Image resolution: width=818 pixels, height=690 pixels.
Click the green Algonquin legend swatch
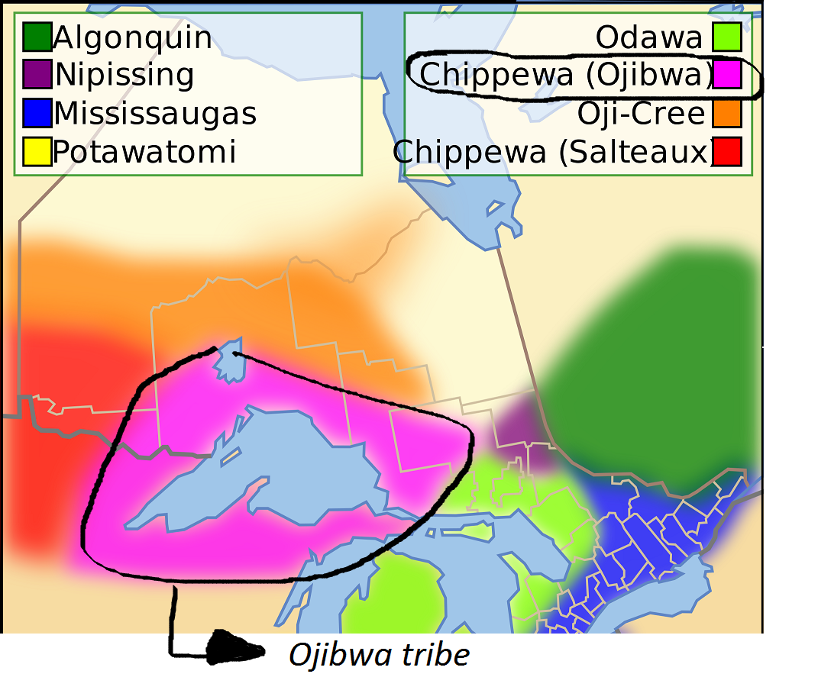pyautogui.click(x=37, y=37)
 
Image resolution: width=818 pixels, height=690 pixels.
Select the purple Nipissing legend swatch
pyautogui.click(x=37, y=75)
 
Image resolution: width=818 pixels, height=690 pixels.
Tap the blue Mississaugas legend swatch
pyautogui.click(x=37, y=113)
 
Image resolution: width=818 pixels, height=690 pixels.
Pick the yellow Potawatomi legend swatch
pyautogui.click(x=37, y=152)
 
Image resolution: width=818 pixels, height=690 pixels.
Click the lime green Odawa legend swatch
pyautogui.click(x=727, y=37)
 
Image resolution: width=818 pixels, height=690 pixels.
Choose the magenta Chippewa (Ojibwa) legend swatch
pyautogui.click(x=727, y=75)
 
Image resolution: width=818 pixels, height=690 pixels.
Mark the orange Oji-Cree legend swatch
pyautogui.click(x=727, y=113)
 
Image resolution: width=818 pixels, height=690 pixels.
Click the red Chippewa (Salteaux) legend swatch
pyautogui.click(x=727, y=152)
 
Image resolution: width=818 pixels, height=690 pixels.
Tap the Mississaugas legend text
pyautogui.click(x=155, y=114)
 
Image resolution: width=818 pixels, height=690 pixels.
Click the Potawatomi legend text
pyautogui.click(x=144, y=152)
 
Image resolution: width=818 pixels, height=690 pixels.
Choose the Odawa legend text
pyautogui.click(x=649, y=37)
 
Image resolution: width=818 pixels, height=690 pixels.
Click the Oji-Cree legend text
pyautogui.click(x=642, y=114)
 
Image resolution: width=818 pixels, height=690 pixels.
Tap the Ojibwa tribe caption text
pyautogui.click(x=379, y=655)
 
